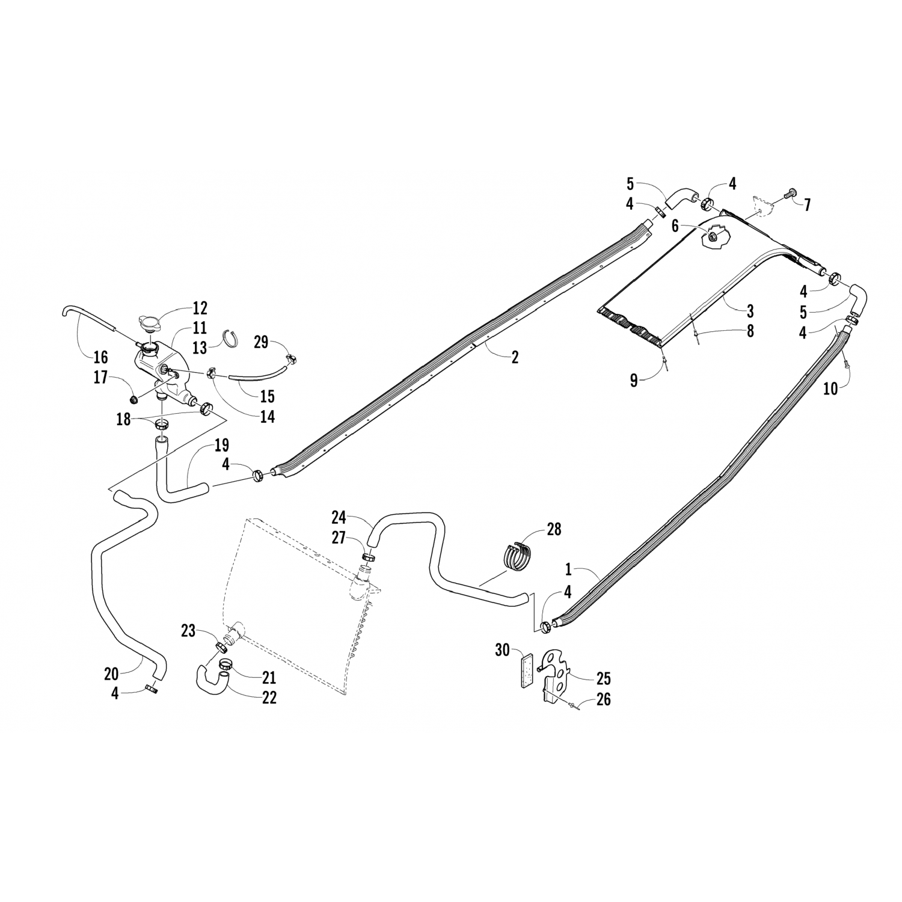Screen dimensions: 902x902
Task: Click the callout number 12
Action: [200, 308]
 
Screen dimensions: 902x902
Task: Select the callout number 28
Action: [553, 529]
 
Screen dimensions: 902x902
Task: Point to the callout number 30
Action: [503, 650]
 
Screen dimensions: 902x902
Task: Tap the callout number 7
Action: [807, 205]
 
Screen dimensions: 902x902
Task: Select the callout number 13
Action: [200, 347]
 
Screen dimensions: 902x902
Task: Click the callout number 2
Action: [515, 357]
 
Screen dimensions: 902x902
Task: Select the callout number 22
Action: [269, 698]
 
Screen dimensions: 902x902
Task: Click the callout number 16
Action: [100, 357]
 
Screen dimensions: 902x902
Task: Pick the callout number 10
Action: [830, 388]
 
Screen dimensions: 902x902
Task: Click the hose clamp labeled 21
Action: [226, 665]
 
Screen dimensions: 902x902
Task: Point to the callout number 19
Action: [221, 446]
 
